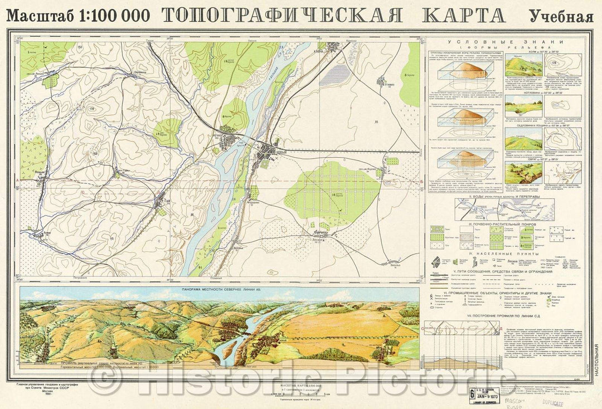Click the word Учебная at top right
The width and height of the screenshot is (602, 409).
click(x=561, y=16)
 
